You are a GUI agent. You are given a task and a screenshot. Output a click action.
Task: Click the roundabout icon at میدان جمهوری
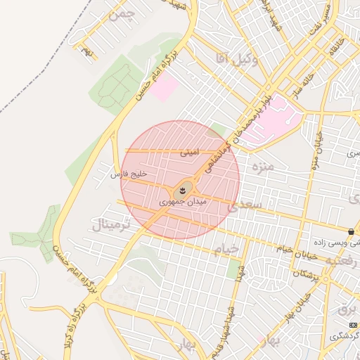(184, 188)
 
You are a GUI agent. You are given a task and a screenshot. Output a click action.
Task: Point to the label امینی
(190, 151)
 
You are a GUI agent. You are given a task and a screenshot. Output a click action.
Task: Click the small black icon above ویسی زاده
(350, 231)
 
